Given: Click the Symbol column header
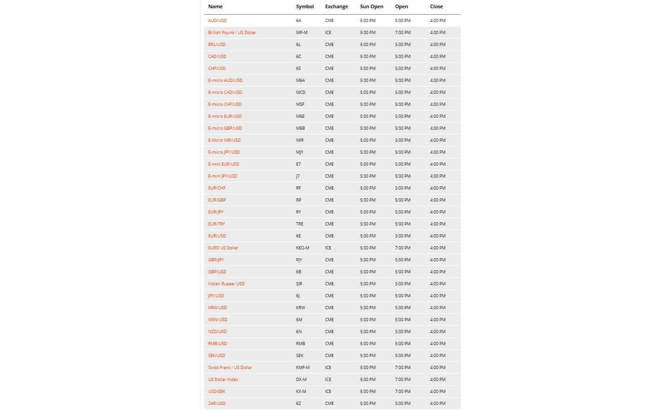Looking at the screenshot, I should (x=304, y=6).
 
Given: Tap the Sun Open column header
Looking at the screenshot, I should (x=371, y=6).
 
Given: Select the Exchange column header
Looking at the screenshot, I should (x=336, y=6).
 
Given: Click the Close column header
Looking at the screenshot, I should (x=436, y=6).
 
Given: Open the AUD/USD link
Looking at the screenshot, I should (x=217, y=21).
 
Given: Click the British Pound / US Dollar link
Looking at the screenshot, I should (x=232, y=33).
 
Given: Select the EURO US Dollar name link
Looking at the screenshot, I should (x=223, y=248).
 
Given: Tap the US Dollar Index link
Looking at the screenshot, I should (x=223, y=380).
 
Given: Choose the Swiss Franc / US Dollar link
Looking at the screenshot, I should (x=230, y=368).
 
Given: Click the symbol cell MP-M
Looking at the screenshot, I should (x=302, y=33).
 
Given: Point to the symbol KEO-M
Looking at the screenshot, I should (x=302, y=248).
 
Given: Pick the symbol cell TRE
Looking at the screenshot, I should (x=299, y=224).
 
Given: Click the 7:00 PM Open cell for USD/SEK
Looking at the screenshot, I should (x=402, y=392).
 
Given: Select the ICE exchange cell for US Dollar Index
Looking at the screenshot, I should (x=328, y=380).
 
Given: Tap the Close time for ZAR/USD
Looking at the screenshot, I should (x=437, y=404).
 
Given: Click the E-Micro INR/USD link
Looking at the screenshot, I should (x=224, y=140).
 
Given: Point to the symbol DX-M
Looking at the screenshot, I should (x=301, y=380).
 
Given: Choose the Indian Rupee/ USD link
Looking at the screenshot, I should (x=226, y=284).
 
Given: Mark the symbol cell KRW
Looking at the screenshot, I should (x=300, y=308).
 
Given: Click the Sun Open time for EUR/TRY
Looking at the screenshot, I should (x=367, y=224).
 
